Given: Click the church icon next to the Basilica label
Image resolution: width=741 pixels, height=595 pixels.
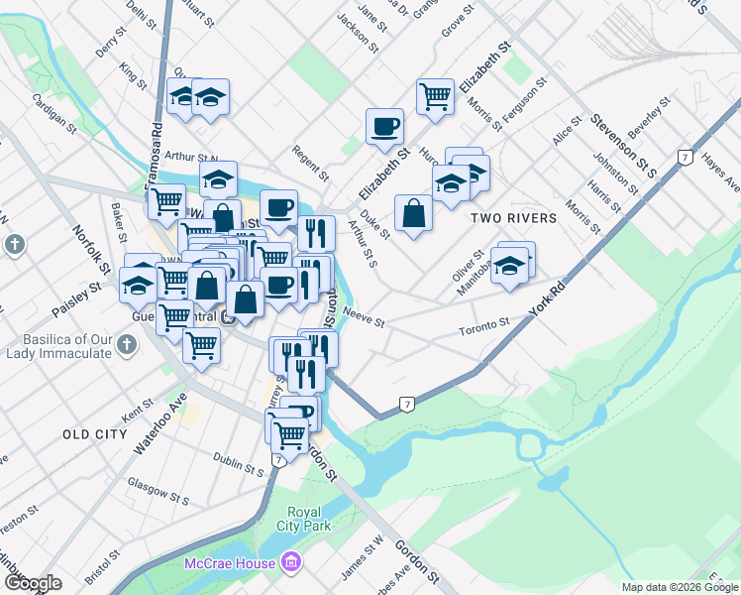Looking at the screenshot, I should [x=125, y=345].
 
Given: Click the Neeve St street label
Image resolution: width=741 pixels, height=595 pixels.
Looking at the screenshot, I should [x=362, y=316].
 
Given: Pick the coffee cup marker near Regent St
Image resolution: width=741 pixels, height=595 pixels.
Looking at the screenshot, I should [x=384, y=127].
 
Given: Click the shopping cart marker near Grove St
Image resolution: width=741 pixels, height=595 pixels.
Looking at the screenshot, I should [x=434, y=97].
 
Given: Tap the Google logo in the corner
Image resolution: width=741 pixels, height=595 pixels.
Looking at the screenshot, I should [x=32, y=583].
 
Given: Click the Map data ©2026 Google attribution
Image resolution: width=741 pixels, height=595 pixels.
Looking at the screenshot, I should [x=680, y=587].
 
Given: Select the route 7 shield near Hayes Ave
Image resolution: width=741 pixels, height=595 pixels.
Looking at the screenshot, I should [x=685, y=158].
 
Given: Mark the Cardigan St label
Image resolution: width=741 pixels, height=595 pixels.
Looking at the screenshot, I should [x=54, y=113].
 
